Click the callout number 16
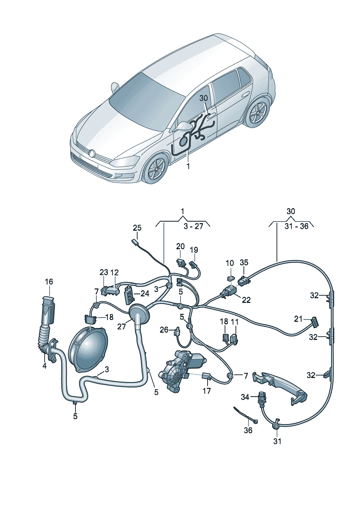pyautogui.click(x=49, y=282)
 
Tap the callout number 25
pyautogui.click(x=137, y=228)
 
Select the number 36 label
pyautogui.click(x=248, y=430)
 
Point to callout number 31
pyautogui.click(x=277, y=441)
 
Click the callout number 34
pyautogui.click(x=245, y=397)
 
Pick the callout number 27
pyautogui.click(x=121, y=327)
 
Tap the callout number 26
pyautogui.click(x=164, y=329)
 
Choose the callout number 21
pyautogui.click(x=298, y=319)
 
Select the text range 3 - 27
pyautogui.click(x=193, y=226)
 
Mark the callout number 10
pyautogui.click(x=230, y=263)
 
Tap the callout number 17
pyautogui.click(x=206, y=391)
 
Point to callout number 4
pyautogui.click(x=44, y=366)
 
